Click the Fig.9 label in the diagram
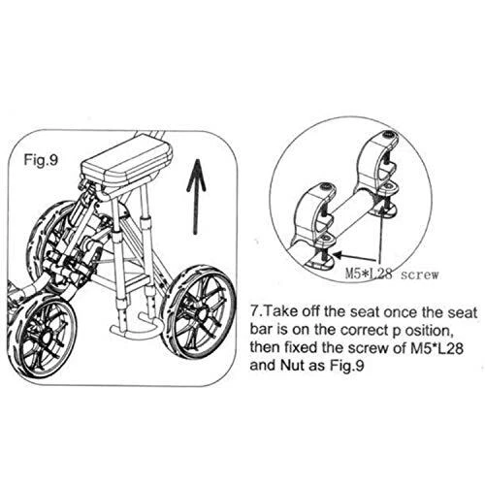[41, 160]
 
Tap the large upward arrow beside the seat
[196, 196]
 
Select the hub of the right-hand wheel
[203, 313]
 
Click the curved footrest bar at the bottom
[134, 329]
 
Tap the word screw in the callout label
[420, 275]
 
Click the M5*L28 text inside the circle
[369, 275]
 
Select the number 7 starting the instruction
[255, 312]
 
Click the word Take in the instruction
[279, 312]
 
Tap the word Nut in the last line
[292, 366]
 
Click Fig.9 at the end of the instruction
[347, 366]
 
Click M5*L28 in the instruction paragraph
[436, 348]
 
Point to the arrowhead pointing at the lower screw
[339, 255]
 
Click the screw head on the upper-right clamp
[389, 134]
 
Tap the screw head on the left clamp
[324, 187]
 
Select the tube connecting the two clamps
[352, 210]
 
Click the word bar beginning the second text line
[261, 330]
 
